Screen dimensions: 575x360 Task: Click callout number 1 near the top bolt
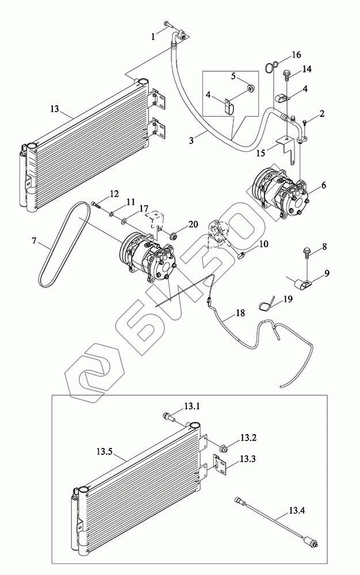click(x=154, y=36)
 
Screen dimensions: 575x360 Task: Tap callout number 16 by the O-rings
click(x=296, y=55)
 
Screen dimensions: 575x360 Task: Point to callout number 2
click(x=322, y=113)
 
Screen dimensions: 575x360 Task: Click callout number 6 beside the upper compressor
click(x=323, y=185)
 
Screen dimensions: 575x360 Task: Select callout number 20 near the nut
click(x=193, y=224)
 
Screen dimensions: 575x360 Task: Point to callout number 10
click(x=264, y=244)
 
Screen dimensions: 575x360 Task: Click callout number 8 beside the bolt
click(x=324, y=247)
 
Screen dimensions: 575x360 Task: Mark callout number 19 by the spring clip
click(x=288, y=299)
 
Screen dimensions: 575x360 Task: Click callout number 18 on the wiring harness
click(x=239, y=315)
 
